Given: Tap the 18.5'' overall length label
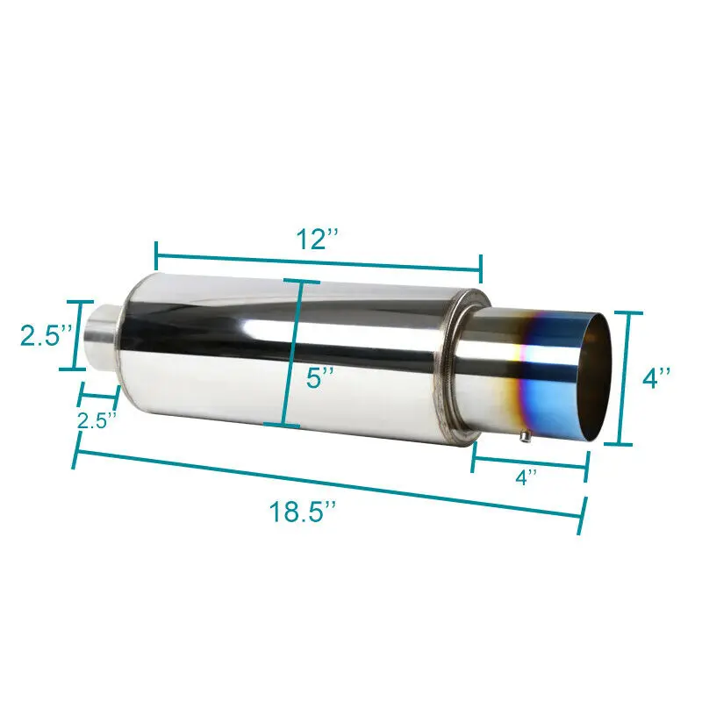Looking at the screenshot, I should tap(304, 512).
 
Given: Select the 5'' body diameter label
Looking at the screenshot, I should tap(320, 379).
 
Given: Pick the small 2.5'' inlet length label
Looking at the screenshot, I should tap(97, 420).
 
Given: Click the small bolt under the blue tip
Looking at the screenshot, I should tap(524, 433).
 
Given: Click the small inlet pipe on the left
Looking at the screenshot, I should tap(104, 338).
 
